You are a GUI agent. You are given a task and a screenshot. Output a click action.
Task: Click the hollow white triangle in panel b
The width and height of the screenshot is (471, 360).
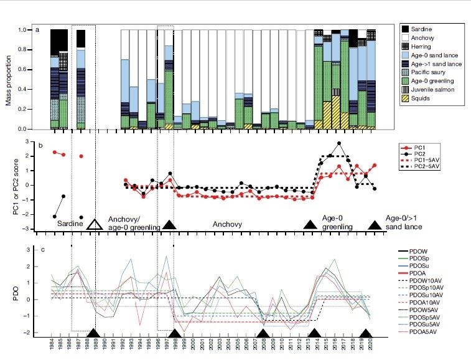[95, 225]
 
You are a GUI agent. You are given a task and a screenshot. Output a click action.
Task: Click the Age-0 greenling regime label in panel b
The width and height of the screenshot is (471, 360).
[337, 223]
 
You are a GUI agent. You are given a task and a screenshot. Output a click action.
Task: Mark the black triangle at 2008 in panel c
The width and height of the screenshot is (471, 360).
[265, 333]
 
